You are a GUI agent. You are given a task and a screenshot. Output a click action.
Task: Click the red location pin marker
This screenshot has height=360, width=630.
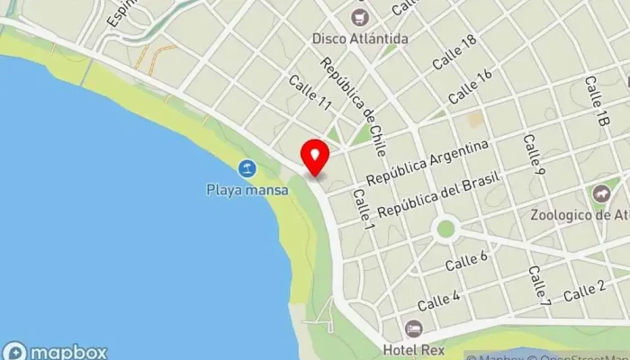pos(314,157)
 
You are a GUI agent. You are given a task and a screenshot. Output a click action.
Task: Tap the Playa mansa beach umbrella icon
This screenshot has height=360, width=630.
pos(246,168)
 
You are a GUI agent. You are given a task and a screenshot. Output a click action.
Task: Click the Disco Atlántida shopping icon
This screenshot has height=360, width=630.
pos(360,17)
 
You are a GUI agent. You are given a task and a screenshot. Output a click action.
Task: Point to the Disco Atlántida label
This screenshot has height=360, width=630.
pos(360,39)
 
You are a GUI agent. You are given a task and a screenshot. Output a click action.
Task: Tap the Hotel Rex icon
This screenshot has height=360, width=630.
pos(413,328)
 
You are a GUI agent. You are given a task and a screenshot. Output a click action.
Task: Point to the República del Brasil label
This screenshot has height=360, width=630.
pos(437,198)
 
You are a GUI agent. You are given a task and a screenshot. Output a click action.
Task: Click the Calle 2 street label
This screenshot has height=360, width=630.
pos(584,290)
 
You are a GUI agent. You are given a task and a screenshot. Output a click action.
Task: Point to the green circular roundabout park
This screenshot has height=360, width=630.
pos(445,229)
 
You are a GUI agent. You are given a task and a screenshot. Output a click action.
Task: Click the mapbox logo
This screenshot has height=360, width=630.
pos(56,351)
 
